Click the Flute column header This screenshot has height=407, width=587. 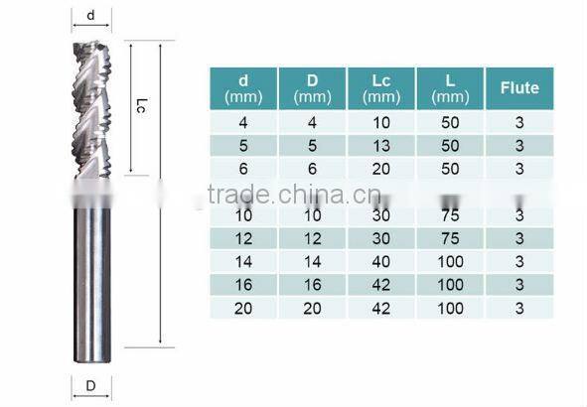click(x=518, y=87)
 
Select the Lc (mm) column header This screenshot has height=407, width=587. click(x=381, y=87)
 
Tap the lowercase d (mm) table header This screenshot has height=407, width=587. click(x=243, y=87)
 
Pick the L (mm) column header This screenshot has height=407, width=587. click(x=450, y=87)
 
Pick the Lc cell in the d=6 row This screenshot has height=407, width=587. click(x=381, y=168)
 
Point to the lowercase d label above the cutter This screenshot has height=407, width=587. click(x=91, y=15)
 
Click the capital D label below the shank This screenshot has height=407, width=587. click(x=91, y=385)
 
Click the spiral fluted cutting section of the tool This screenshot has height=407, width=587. click(x=92, y=109)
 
